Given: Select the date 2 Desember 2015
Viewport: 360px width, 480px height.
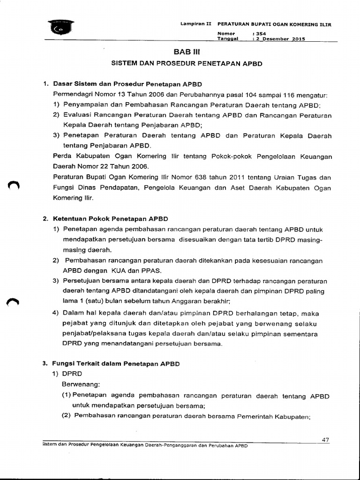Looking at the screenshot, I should click(280, 39).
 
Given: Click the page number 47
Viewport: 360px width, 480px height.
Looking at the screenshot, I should click(326, 439).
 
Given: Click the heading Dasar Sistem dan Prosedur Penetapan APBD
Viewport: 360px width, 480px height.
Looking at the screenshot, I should click(127, 84).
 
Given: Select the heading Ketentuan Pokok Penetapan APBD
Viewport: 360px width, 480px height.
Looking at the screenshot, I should click(110, 218).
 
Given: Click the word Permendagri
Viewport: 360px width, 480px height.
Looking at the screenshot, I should click(74, 94).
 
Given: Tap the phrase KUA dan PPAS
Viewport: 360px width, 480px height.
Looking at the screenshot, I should click(136, 270).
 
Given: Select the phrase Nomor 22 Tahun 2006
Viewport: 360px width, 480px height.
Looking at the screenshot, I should click(113, 166).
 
